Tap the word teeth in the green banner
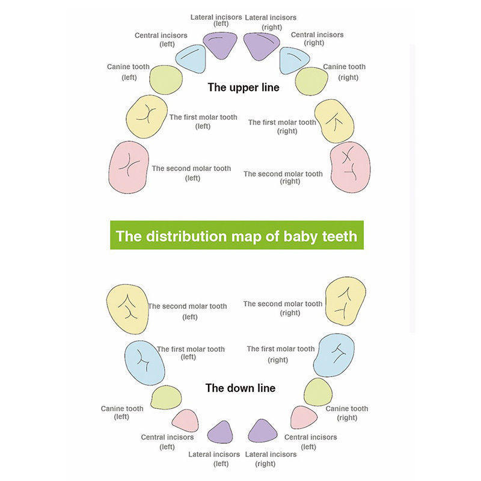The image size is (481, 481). pyautogui.click(x=340, y=236)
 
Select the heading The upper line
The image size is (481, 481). pyautogui.click(x=244, y=87)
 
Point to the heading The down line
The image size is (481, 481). pyautogui.click(x=240, y=388)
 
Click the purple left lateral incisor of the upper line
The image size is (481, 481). pyautogui.click(x=220, y=46)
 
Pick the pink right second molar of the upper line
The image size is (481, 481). pyautogui.click(x=351, y=167)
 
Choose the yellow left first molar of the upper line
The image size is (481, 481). pyautogui.click(x=147, y=117)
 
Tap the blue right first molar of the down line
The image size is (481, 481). pyautogui.click(x=334, y=355)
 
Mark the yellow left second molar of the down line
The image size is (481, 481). pyautogui.click(x=127, y=309)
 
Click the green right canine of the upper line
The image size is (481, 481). pyautogui.click(x=311, y=81)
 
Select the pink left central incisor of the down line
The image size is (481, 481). pyautogui.click(x=186, y=420)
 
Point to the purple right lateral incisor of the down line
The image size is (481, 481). pyautogui.click(x=262, y=431)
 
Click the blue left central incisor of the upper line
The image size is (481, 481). pyautogui.click(x=191, y=58)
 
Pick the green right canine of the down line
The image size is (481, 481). pyautogui.click(x=318, y=392)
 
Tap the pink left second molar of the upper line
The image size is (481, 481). pyautogui.click(x=129, y=167)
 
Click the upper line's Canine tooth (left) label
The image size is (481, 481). pyautogui.click(x=128, y=72)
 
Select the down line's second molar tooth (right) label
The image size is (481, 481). pyautogui.click(x=283, y=308)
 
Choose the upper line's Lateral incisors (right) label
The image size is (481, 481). pyautogui.click(x=271, y=22)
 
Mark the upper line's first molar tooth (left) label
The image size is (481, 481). pyautogui.click(x=203, y=121)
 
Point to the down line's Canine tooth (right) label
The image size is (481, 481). pyautogui.click(x=347, y=413)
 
